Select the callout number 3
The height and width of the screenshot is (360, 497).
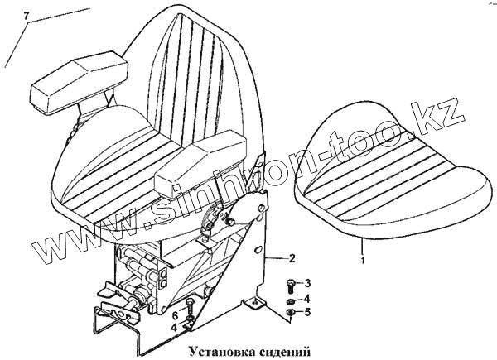tap(307, 284)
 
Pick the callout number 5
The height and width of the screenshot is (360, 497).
tap(307, 312)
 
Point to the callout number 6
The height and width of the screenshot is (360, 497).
tap(175, 315)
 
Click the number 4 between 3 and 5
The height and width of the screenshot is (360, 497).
tap(307, 298)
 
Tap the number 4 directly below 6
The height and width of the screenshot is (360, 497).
tap(175, 328)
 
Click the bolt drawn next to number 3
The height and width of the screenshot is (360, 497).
tap(289, 285)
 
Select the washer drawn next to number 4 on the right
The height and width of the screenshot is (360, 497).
tap(289, 299)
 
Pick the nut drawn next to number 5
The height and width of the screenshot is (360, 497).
tap(289, 312)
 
